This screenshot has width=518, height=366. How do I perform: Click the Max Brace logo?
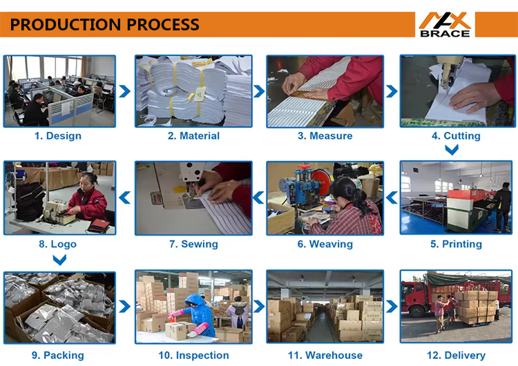(445, 25)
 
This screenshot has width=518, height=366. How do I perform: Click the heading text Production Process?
(105, 25)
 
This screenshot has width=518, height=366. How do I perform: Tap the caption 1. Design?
(58, 136)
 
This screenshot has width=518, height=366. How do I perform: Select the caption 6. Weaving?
(325, 244)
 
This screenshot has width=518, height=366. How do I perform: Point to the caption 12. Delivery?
(456, 356)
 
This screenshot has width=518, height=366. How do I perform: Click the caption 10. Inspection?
(193, 356)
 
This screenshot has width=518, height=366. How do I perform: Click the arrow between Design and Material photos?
(124, 91)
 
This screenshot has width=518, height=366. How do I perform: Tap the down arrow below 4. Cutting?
(452, 150)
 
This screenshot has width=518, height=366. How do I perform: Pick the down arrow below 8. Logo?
(59, 260)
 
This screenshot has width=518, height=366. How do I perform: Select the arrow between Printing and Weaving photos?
(392, 198)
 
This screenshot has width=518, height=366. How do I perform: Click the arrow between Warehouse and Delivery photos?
(392, 306)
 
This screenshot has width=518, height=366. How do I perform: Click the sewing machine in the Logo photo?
(59, 213)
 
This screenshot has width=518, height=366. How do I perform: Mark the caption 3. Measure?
(325, 136)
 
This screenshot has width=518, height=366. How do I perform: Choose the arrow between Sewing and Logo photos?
(124, 198)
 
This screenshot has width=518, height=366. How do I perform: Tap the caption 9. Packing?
(58, 356)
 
